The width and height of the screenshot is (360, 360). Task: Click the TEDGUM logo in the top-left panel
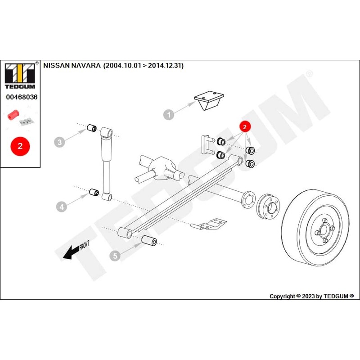click(21, 74)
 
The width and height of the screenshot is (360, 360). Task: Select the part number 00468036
click(21, 97)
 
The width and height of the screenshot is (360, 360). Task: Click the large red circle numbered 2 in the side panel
click(20, 146)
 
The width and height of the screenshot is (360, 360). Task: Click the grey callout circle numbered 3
click(60, 142)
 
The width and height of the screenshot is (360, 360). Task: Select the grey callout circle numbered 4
click(62, 207)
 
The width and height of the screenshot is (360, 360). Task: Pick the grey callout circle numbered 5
click(115, 256)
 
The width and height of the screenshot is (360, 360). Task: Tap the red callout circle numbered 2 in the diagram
click(244, 127)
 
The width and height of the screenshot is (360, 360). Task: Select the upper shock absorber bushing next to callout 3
click(93, 127)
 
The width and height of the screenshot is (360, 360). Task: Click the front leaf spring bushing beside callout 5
click(149, 241)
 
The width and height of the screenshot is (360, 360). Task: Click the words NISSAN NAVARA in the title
click(72, 65)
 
